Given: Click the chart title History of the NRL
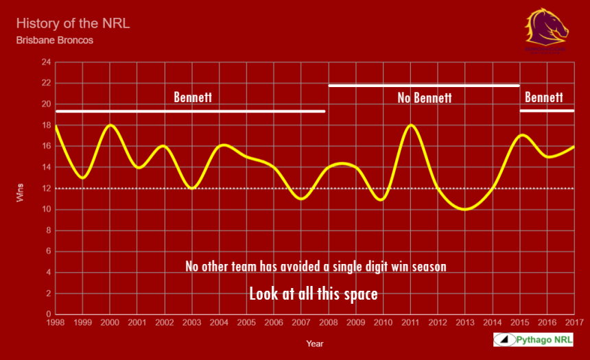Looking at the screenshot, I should tap(73, 23).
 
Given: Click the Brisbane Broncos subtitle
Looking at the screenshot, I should tap(54, 40).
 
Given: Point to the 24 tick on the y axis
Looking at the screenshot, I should tap(46, 62).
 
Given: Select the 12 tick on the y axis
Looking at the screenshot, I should tap(46, 189).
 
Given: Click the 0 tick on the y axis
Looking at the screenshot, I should tap(48, 315).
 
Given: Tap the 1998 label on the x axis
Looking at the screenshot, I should tap(56, 322).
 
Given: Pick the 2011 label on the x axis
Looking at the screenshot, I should tap(410, 322).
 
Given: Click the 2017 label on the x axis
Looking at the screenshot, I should tap(574, 322).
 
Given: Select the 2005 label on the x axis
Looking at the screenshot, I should tap(246, 322).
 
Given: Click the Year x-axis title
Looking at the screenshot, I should tap(315, 344).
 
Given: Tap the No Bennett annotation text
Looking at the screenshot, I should tap(424, 98).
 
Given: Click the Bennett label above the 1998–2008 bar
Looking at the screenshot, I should tap(193, 97).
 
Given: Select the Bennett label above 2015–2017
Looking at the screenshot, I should tap(543, 97).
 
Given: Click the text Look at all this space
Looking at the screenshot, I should tap(313, 294).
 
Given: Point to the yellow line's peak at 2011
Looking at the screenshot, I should tap(410, 125).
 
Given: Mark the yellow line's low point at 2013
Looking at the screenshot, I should tap(465, 209).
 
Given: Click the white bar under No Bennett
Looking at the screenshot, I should tap(424, 86).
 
